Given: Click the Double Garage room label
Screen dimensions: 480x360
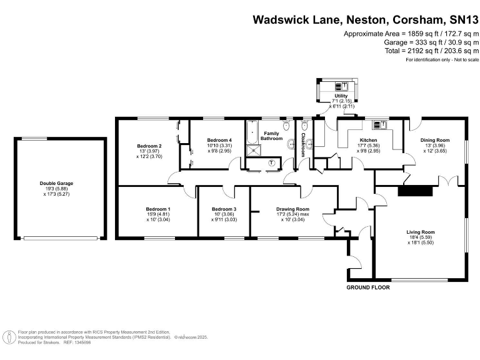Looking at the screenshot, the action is (x=56, y=183).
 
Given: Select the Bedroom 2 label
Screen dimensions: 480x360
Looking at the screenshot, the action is (x=149, y=146).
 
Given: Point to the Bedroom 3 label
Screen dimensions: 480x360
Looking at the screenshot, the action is (x=224, y=209).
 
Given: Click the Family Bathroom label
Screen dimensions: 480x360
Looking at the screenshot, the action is (x=271, y=136).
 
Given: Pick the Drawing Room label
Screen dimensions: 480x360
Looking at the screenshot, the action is (x=292, y=209).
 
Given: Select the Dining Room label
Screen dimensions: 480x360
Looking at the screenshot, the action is (x=434, y=139).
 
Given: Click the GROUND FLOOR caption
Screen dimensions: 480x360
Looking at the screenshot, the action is (x=368, y=287).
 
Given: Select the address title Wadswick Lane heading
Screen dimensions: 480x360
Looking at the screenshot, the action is (x=366, y=19).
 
